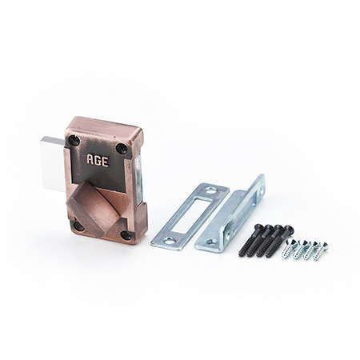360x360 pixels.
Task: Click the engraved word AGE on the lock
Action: (x=98, y=161)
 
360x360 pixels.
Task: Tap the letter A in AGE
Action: (x=90, y=159)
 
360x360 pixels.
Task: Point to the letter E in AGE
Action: (x=106, y=162)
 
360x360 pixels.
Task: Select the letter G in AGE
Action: (x=98, y=161)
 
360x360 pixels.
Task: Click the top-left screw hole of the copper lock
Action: (x=74, y=140)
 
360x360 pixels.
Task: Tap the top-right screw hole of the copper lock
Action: (x=122, y=148)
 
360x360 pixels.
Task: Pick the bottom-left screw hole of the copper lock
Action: (x=79, y=226)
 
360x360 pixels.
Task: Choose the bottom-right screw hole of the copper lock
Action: (x=126, y=235)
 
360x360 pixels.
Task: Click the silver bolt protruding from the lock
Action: (x=52, y=163)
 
